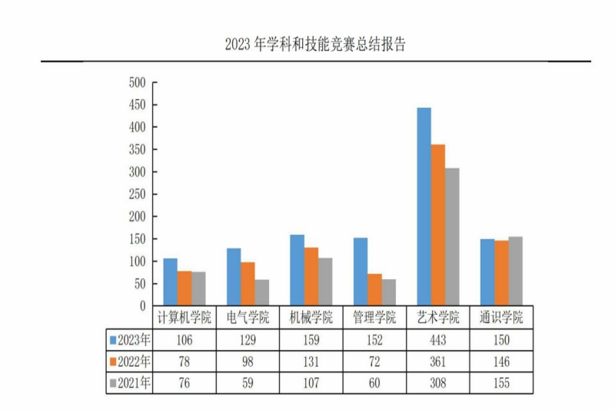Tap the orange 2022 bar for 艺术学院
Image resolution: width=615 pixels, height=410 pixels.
(437, 225)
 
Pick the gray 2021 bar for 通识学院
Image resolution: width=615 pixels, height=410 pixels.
(515, 271)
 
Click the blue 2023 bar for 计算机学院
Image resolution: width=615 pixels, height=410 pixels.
(170, 282)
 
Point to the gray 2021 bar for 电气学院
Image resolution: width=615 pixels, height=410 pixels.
(262, 292)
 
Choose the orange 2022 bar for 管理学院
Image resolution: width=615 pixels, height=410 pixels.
(374, 289)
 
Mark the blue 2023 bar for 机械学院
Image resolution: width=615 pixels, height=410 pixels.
(297, 270)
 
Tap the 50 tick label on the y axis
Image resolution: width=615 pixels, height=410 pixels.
(140, 284)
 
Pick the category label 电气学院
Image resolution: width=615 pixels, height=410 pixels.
(248, 318)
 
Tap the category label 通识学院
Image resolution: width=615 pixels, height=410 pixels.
(501, 318)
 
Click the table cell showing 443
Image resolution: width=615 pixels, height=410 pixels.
(437, 339)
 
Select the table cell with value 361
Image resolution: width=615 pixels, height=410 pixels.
(437, 361)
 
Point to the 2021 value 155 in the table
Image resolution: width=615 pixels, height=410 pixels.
(501, 382)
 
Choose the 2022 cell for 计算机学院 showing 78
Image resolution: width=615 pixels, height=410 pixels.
(184, 361)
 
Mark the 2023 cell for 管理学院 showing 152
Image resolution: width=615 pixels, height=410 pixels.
(374, 339)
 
